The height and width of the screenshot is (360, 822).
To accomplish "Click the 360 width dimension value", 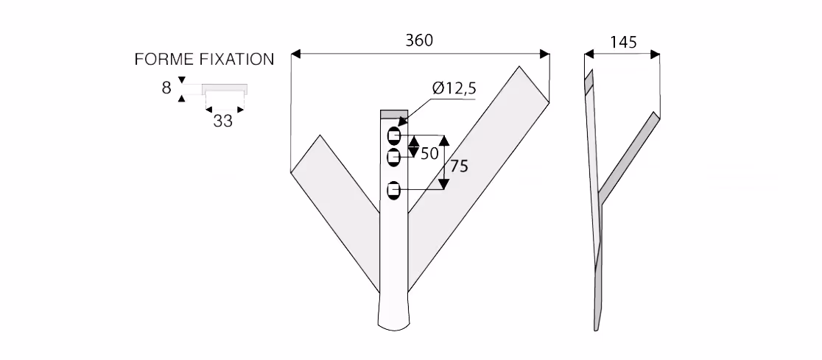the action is coord(419,40).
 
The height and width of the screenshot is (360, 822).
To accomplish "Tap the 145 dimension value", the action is coord(624,42).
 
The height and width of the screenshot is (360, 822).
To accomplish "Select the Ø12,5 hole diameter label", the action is coord(454,88).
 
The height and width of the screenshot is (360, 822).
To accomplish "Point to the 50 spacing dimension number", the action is coord(430,154).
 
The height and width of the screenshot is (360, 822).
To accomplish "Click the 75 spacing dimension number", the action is coord(459,166).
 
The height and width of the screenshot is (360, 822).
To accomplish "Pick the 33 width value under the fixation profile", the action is coord(222,121).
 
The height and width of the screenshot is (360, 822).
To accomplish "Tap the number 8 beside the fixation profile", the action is coord(166,88).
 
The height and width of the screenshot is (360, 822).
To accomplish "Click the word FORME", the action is coord(164,59).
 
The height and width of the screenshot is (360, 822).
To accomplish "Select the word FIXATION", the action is coord(236,59).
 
